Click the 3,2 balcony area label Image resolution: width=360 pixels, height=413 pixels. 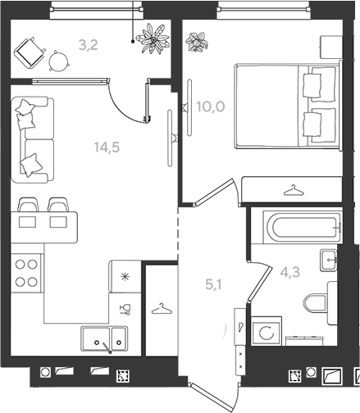(89, 45)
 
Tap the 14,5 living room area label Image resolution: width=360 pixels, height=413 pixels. (107, 147)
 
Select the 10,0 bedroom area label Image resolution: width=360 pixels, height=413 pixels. (211, 107)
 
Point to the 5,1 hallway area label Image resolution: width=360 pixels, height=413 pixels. (215, 285)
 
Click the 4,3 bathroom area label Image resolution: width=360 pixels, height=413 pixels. (290, 272)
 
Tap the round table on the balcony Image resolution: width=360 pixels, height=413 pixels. (58, 61)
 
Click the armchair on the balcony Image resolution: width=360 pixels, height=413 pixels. (30, 52)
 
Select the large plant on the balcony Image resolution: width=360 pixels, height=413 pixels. (153, 39)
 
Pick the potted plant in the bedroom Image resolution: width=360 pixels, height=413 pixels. (197, 42)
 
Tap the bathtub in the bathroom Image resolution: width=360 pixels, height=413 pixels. (302, 227)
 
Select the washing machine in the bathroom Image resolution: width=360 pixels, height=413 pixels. (267, 331)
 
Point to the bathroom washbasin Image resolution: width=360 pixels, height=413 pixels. (329, 260)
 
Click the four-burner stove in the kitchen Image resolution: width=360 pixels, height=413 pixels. (26, 273)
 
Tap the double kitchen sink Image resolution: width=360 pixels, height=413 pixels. (104, 339)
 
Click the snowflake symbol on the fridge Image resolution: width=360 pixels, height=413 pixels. (125, 277)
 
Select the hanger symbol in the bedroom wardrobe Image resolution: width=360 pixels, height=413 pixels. (294, 191)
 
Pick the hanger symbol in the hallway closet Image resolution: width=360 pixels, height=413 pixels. (162, 309)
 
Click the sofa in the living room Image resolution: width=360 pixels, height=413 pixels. (33, 139)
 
